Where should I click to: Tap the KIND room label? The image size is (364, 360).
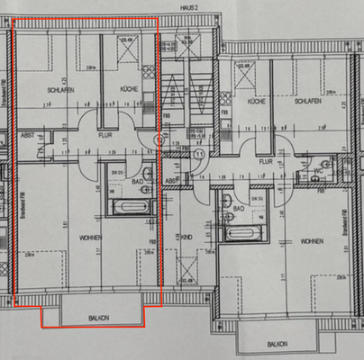pos(187,237)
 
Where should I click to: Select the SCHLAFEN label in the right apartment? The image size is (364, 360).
pos(308,102)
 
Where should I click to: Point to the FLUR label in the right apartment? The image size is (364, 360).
pos(267,162)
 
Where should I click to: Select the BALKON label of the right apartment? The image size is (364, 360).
pos(277,344)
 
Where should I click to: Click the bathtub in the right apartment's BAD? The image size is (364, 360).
pos(241,235)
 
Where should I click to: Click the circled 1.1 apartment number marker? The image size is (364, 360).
pos(199,154)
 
